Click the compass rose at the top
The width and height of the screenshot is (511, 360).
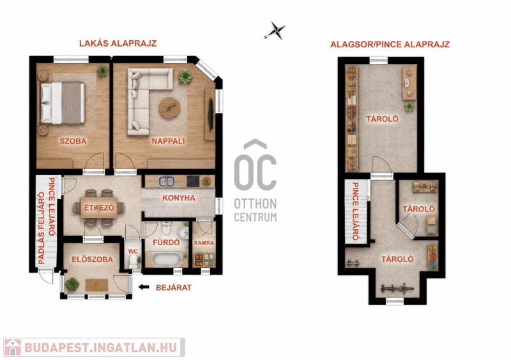coord(276,31)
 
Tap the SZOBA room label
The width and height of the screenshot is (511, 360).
coord(73,141)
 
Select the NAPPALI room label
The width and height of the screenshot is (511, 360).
coord(168,141)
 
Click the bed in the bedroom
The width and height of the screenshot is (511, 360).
coord(61,103)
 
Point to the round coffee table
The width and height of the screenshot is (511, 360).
coord(169,107)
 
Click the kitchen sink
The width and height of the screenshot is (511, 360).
coord(167,181)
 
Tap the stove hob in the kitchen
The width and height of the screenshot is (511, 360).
coord(193,181)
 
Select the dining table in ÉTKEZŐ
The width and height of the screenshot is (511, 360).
coord(99,207)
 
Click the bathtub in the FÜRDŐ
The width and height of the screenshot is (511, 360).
coord(167,260)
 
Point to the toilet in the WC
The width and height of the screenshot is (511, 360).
coord(133,261)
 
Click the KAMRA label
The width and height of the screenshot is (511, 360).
coord(204,243)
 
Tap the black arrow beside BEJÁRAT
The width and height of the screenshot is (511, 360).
coord(144,287)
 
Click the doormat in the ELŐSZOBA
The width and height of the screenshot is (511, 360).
coord(97,285)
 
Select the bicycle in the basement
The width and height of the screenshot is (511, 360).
coord(397,289)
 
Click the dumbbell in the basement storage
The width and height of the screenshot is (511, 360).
coord(353,262)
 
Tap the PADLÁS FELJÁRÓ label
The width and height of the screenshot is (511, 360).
coord(42,228)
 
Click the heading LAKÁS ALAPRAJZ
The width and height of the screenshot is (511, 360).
coord(118,43)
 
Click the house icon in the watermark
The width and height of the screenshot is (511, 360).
coord(12,347)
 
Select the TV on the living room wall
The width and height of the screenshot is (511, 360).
coord(211,115)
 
